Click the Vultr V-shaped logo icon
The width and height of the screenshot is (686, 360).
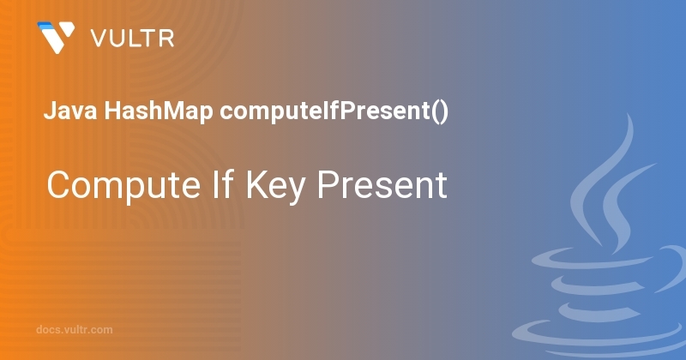click(56, 37)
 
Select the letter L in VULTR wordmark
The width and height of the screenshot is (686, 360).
click(132, 39)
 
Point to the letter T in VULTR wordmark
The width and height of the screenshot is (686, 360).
click(147, 39)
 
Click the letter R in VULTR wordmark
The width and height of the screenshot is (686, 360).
click(166, 39)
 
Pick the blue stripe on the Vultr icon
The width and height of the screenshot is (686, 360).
click(47, 27)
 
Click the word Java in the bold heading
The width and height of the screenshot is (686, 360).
click(70, 111)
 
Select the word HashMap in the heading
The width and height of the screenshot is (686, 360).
click(159, 111)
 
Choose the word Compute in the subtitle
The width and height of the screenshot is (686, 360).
click(123, 186)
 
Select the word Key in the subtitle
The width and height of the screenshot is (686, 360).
click(275, 187)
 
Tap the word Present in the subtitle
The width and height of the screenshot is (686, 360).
click(382, 184)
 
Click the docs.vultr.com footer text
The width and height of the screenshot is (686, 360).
click(75, 329)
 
